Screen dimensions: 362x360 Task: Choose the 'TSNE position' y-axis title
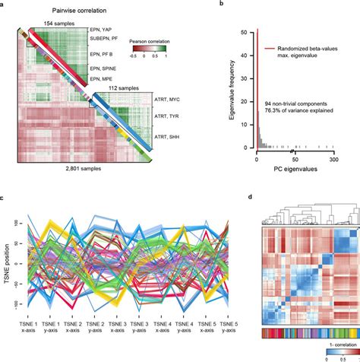point(7,254)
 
